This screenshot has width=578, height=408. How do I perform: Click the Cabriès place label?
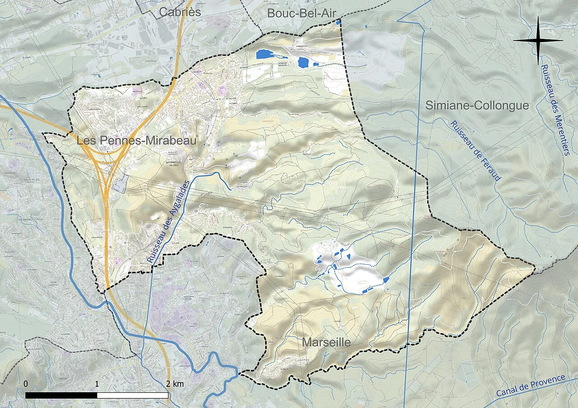click(180, 12)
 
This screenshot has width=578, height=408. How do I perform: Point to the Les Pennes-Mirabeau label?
click(137, 141)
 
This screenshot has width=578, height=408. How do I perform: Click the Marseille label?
click(326, 343)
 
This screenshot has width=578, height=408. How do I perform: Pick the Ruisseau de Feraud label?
click(476, 151)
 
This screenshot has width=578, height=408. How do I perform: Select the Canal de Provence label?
click(531, 386)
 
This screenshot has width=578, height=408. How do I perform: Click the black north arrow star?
click(538, 41)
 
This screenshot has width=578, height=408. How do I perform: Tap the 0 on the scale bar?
click(26, 384)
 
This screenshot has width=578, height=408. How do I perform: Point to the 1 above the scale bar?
click(97, 384)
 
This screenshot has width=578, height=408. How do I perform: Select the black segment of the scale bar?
click(61, 395)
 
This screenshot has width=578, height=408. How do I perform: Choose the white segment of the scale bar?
click(133, 395)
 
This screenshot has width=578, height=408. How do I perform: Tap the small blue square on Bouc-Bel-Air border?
click(338, 22)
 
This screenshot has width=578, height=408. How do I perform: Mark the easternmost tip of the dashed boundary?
click(535, 270)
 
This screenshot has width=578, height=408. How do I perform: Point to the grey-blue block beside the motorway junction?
click(120, 185)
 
